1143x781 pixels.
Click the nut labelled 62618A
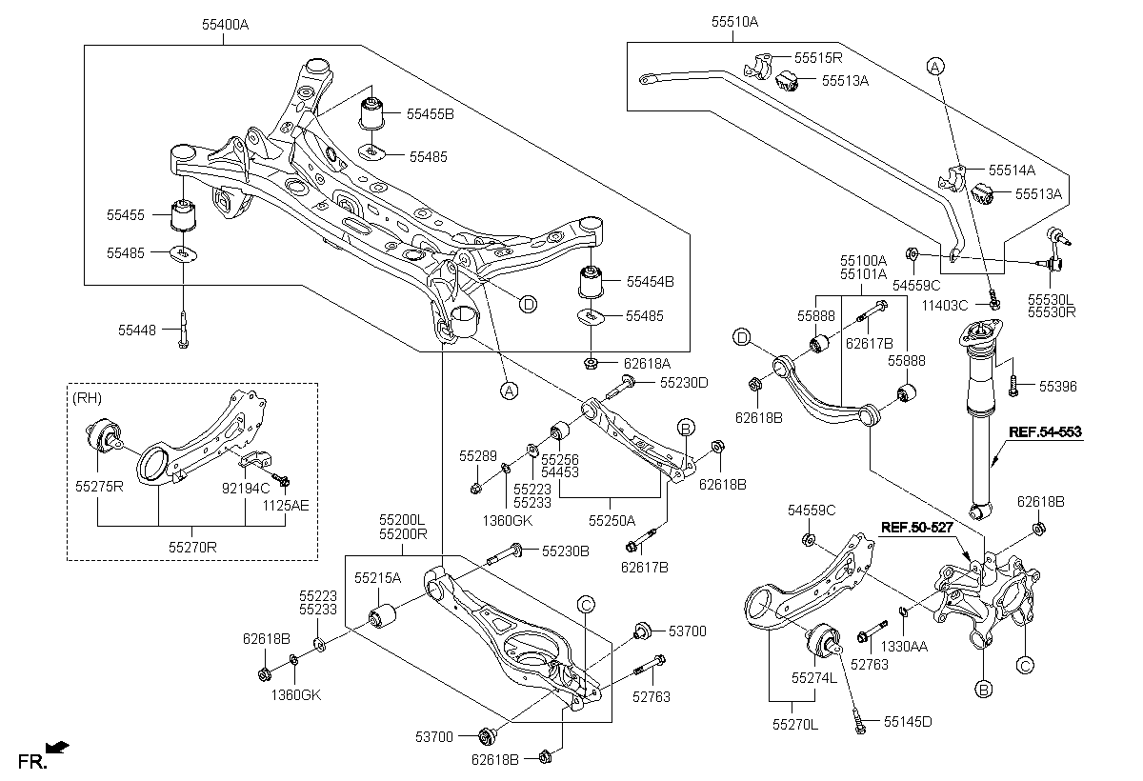tap(591, 362)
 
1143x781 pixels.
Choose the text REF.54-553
tap(1046, 431)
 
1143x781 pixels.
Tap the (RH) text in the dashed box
tap(87, 398)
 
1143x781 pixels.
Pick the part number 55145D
tap(907, 721)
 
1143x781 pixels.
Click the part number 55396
tap(1058, 387)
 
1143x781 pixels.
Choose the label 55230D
tap(683, 382)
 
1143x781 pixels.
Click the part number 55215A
tap(377, 577)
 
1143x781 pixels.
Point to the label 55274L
tap(812, 677)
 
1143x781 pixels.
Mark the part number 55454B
tap(650, 282)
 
